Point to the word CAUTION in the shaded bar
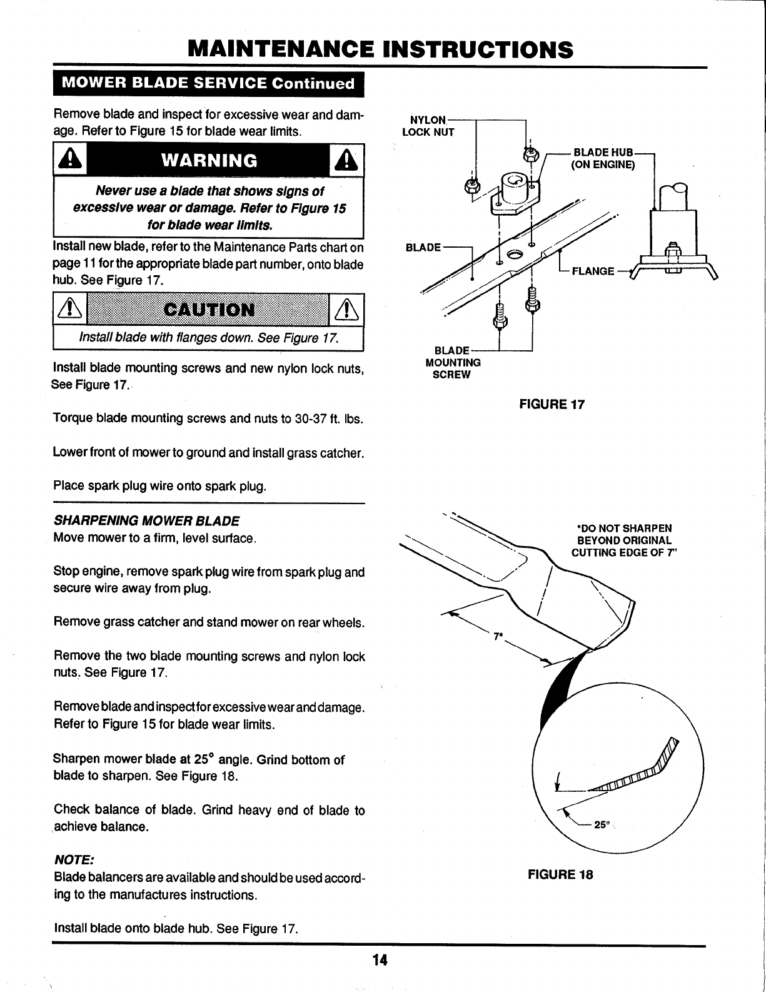tap(208, 310)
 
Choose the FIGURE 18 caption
tap(560, 874)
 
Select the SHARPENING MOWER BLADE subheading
tap(147, 521)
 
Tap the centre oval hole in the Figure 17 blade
tap(516, 254)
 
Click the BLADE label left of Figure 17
tap(423, 247)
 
